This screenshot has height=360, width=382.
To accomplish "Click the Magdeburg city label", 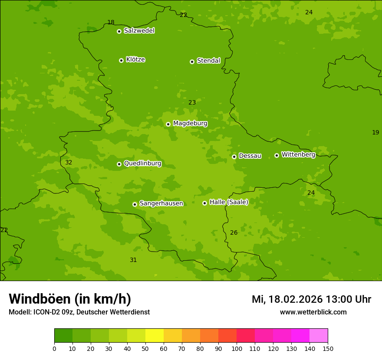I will [x=190, y=124].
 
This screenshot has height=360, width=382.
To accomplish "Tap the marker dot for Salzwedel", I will [x=119, y=31].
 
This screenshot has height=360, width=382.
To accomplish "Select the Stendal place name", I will [x=208, y=61].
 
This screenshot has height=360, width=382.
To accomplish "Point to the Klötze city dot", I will [x=121, y=60].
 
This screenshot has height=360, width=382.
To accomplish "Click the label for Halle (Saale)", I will [x=229, y=202].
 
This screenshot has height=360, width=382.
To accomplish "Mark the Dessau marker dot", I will [x=234, y=157].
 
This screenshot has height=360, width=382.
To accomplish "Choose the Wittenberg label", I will [x=298, y=154].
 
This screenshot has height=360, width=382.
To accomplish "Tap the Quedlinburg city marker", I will [x=119, y=164].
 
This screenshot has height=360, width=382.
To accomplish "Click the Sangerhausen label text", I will [x=161, y=203].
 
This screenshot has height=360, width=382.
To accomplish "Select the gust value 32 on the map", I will [x=69, y=163].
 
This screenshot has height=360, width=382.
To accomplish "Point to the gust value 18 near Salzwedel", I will [x=111, y=23].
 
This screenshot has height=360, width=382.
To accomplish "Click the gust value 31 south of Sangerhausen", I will [x=133, y=260].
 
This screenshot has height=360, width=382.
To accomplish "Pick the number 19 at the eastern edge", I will [x=375, y=133].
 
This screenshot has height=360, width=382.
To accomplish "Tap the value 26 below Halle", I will [x=234, y=233].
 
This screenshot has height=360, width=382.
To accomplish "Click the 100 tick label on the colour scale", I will [x=237, y=348].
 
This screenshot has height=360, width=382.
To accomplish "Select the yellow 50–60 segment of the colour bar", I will [x=155, y=336].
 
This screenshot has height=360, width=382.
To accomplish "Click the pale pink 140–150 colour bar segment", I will [x=319, y=336].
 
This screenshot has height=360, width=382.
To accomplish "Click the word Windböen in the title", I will [x=40, y=299].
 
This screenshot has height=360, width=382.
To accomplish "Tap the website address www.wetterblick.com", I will [x=313, y=312].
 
